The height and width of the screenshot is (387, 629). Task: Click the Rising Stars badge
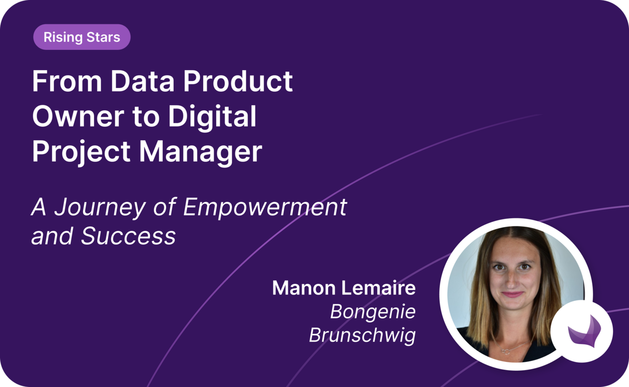[82, 37]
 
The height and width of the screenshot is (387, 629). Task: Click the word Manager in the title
[201, 151]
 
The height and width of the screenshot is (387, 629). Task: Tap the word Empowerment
[265, 207]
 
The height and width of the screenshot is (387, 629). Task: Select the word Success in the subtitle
[128, 237]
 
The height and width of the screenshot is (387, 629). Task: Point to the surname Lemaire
[379, 288]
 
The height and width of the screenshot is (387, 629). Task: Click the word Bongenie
[373, 312]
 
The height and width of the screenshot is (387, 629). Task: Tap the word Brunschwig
[362, 335]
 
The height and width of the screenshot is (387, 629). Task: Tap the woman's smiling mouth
[512, 294]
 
